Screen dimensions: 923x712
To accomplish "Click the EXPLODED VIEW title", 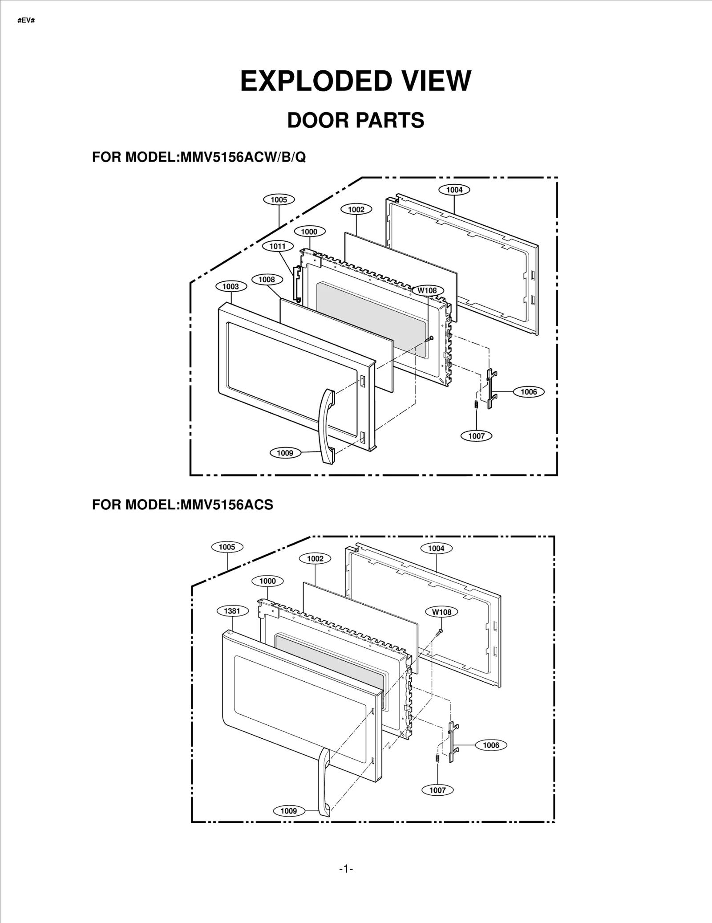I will tap(355, 81).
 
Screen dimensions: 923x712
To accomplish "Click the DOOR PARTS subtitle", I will tap(355, 120).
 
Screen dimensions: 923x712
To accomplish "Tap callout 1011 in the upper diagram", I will tap(278, 246).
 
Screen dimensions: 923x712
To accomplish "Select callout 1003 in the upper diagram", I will tap(231, 286).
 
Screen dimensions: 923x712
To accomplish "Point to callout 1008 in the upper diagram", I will tap(267, 280).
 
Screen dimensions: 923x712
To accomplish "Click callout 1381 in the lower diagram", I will tap(232, 611).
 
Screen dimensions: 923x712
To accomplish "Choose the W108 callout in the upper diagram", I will tap(427, 291).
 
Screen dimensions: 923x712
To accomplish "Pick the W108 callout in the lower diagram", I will tap(441, 612).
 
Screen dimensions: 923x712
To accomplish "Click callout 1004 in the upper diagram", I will tap(454, 190).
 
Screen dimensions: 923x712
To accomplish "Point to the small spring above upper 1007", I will tap(476, 405).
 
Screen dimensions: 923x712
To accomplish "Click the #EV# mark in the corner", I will tap(26, 20).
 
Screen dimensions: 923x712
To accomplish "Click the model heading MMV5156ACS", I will tap(182, 504).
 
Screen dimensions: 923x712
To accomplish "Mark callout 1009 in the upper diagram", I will tap(285, 453).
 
